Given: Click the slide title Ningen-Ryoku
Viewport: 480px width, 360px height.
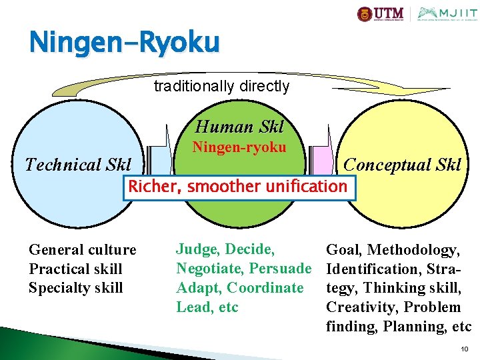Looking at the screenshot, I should pyautogui.click(x=124, y=43).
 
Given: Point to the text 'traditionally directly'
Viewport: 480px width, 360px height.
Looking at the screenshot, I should pyautogui.click(x=221, y=87).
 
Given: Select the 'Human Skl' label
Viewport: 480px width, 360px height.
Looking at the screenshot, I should pyautogui.click(x=239, y=127).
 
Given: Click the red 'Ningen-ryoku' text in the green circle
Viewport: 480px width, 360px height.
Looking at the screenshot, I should pyautogui.click(x=239, y=147).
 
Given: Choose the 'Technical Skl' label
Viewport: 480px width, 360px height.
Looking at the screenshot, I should pyautogui.click(x=78, y=165).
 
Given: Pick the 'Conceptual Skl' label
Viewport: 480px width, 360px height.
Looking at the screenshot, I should pyautogui.click(x=402, y=165).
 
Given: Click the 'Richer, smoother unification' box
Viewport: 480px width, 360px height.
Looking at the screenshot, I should pyautogui.click(x=238, y=187).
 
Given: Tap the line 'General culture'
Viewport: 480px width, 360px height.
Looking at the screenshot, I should pyautogui.click(x=82, y=250).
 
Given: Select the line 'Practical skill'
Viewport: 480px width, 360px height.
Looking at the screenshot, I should pyautogui.click(x=75, y=269).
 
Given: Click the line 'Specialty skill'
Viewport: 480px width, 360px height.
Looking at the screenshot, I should pyautogui.click(x=75, y=288).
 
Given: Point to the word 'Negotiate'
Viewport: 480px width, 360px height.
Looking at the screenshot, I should pyautogui.click(x=209, y=269).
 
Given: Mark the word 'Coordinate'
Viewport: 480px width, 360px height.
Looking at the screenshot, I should pyautogui.click(x=265, y=288).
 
